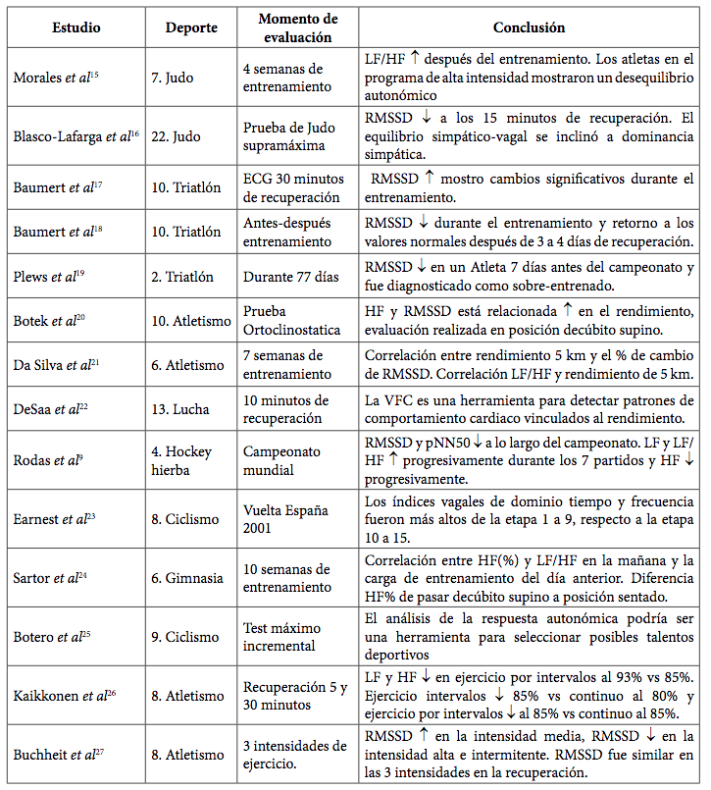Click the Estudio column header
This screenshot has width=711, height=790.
(x=76, y=27)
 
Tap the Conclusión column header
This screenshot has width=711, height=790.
(x=530, y=27)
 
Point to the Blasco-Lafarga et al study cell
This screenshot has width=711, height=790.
(x=75, y=136)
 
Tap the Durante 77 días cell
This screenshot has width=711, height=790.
(x=290, y=277)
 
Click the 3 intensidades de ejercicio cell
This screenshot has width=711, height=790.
(x=293, y=754)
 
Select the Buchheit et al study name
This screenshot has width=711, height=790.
(x=58, y=754)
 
